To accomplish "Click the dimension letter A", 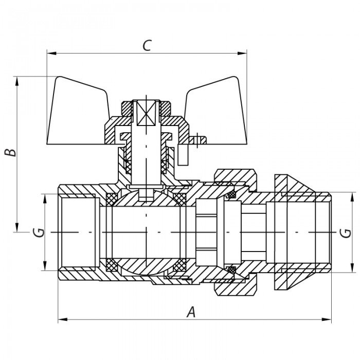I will [191, 311].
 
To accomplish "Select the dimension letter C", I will [147, 45].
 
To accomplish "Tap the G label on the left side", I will [37, 232].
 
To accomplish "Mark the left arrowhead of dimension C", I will [51, 52].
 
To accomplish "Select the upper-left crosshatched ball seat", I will [112, 199].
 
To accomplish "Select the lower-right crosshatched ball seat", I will [179, 266].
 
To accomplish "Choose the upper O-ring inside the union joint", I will [231, 195].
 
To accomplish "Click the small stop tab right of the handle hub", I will [198, 139].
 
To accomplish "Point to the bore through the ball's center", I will [147, 231].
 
